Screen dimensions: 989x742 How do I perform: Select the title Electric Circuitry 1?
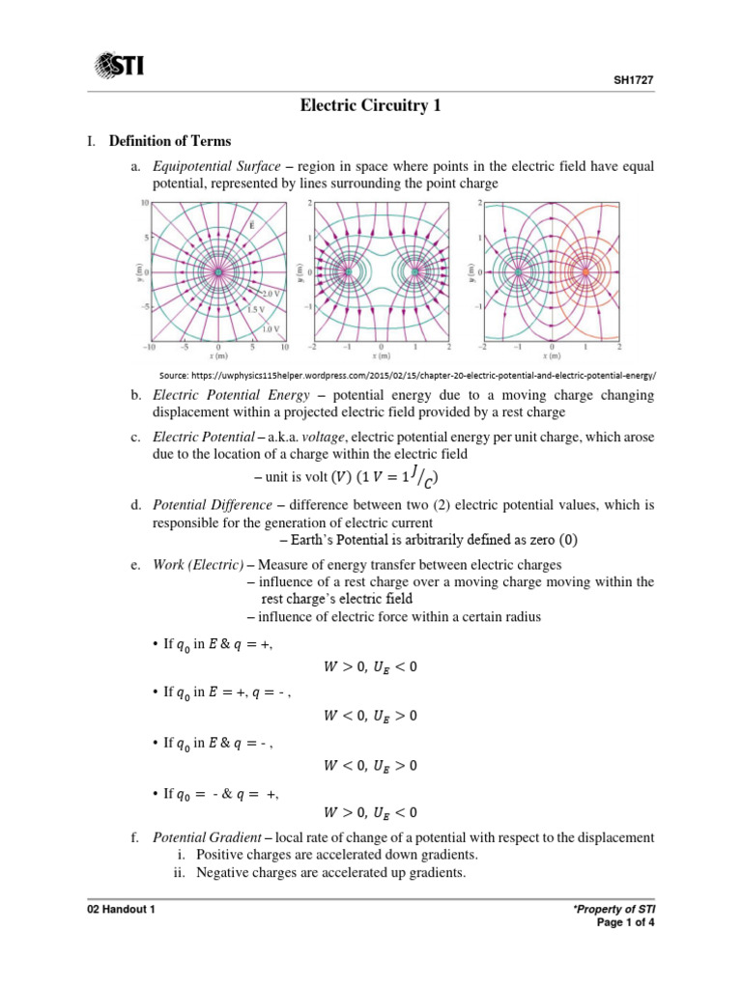pos(371,107)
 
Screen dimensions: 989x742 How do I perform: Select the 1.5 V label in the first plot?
pos(256,309)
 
